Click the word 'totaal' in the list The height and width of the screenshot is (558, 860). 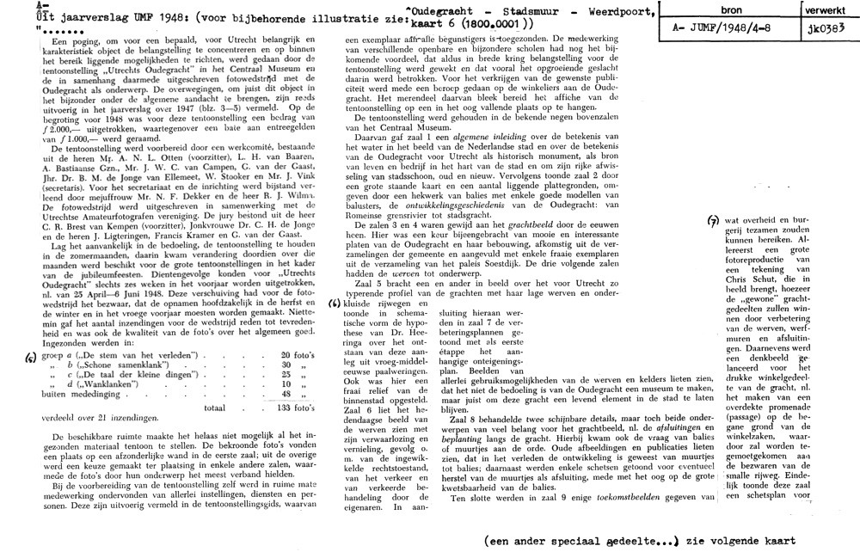pos(215,411)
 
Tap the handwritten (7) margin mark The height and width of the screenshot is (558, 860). pos(713,220)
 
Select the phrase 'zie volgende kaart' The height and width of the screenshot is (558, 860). pos(744,542)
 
